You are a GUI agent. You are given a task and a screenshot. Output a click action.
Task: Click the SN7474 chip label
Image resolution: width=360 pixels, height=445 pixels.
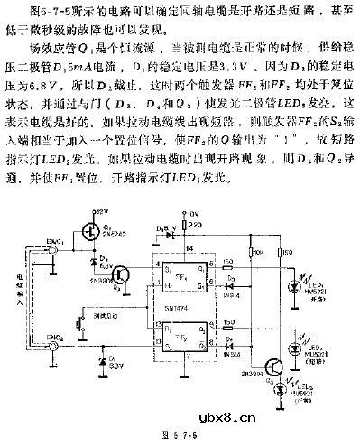(177, 310)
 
